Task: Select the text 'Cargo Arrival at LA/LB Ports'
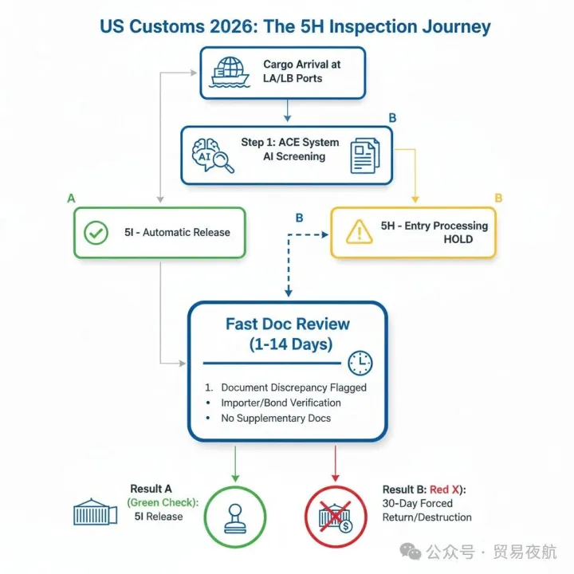(293, 70)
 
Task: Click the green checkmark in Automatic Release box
(96, 233)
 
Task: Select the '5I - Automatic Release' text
(177, 233)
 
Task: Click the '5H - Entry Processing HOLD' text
(434, 232)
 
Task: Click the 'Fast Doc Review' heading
(287, 324)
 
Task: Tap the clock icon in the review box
(360, 364)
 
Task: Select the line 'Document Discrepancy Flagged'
(293, 387)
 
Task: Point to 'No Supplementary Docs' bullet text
(275, 418)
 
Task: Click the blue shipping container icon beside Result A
(95, 511)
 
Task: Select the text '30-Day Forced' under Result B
(418, 503)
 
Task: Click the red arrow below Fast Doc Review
(335, 462)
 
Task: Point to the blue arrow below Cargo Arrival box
(287, 112)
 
